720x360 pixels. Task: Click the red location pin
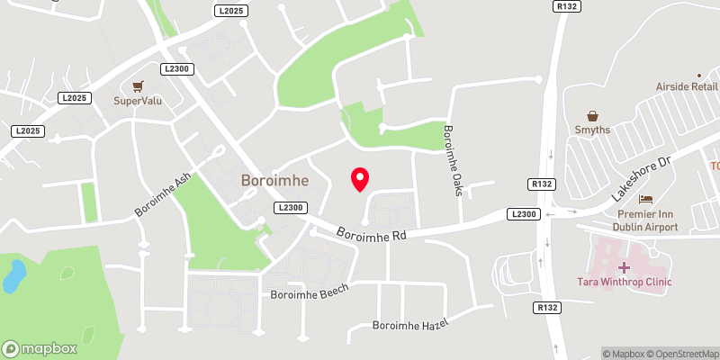[x=359, y=179]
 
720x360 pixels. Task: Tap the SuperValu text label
[x=137, y=101]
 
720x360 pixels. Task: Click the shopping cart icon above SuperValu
[x=138, y=86]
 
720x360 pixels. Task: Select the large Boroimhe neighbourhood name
[x=274, y=180]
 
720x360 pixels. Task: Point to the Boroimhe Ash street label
[x=163, y=194]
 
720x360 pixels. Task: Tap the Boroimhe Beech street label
[x=309, y=294]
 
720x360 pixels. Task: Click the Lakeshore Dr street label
[x=640, y=179]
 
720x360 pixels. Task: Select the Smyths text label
[x=593, y=130]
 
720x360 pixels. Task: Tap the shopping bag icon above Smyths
[x=593, y=115]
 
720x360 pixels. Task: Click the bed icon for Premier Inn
[x=644, y=199]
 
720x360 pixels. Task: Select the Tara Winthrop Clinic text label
[x=624, y=283]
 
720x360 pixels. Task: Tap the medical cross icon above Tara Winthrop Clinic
[x=624, y=267]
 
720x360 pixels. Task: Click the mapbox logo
[x=39, y=348]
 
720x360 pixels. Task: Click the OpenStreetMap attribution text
[x=680, y=354]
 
